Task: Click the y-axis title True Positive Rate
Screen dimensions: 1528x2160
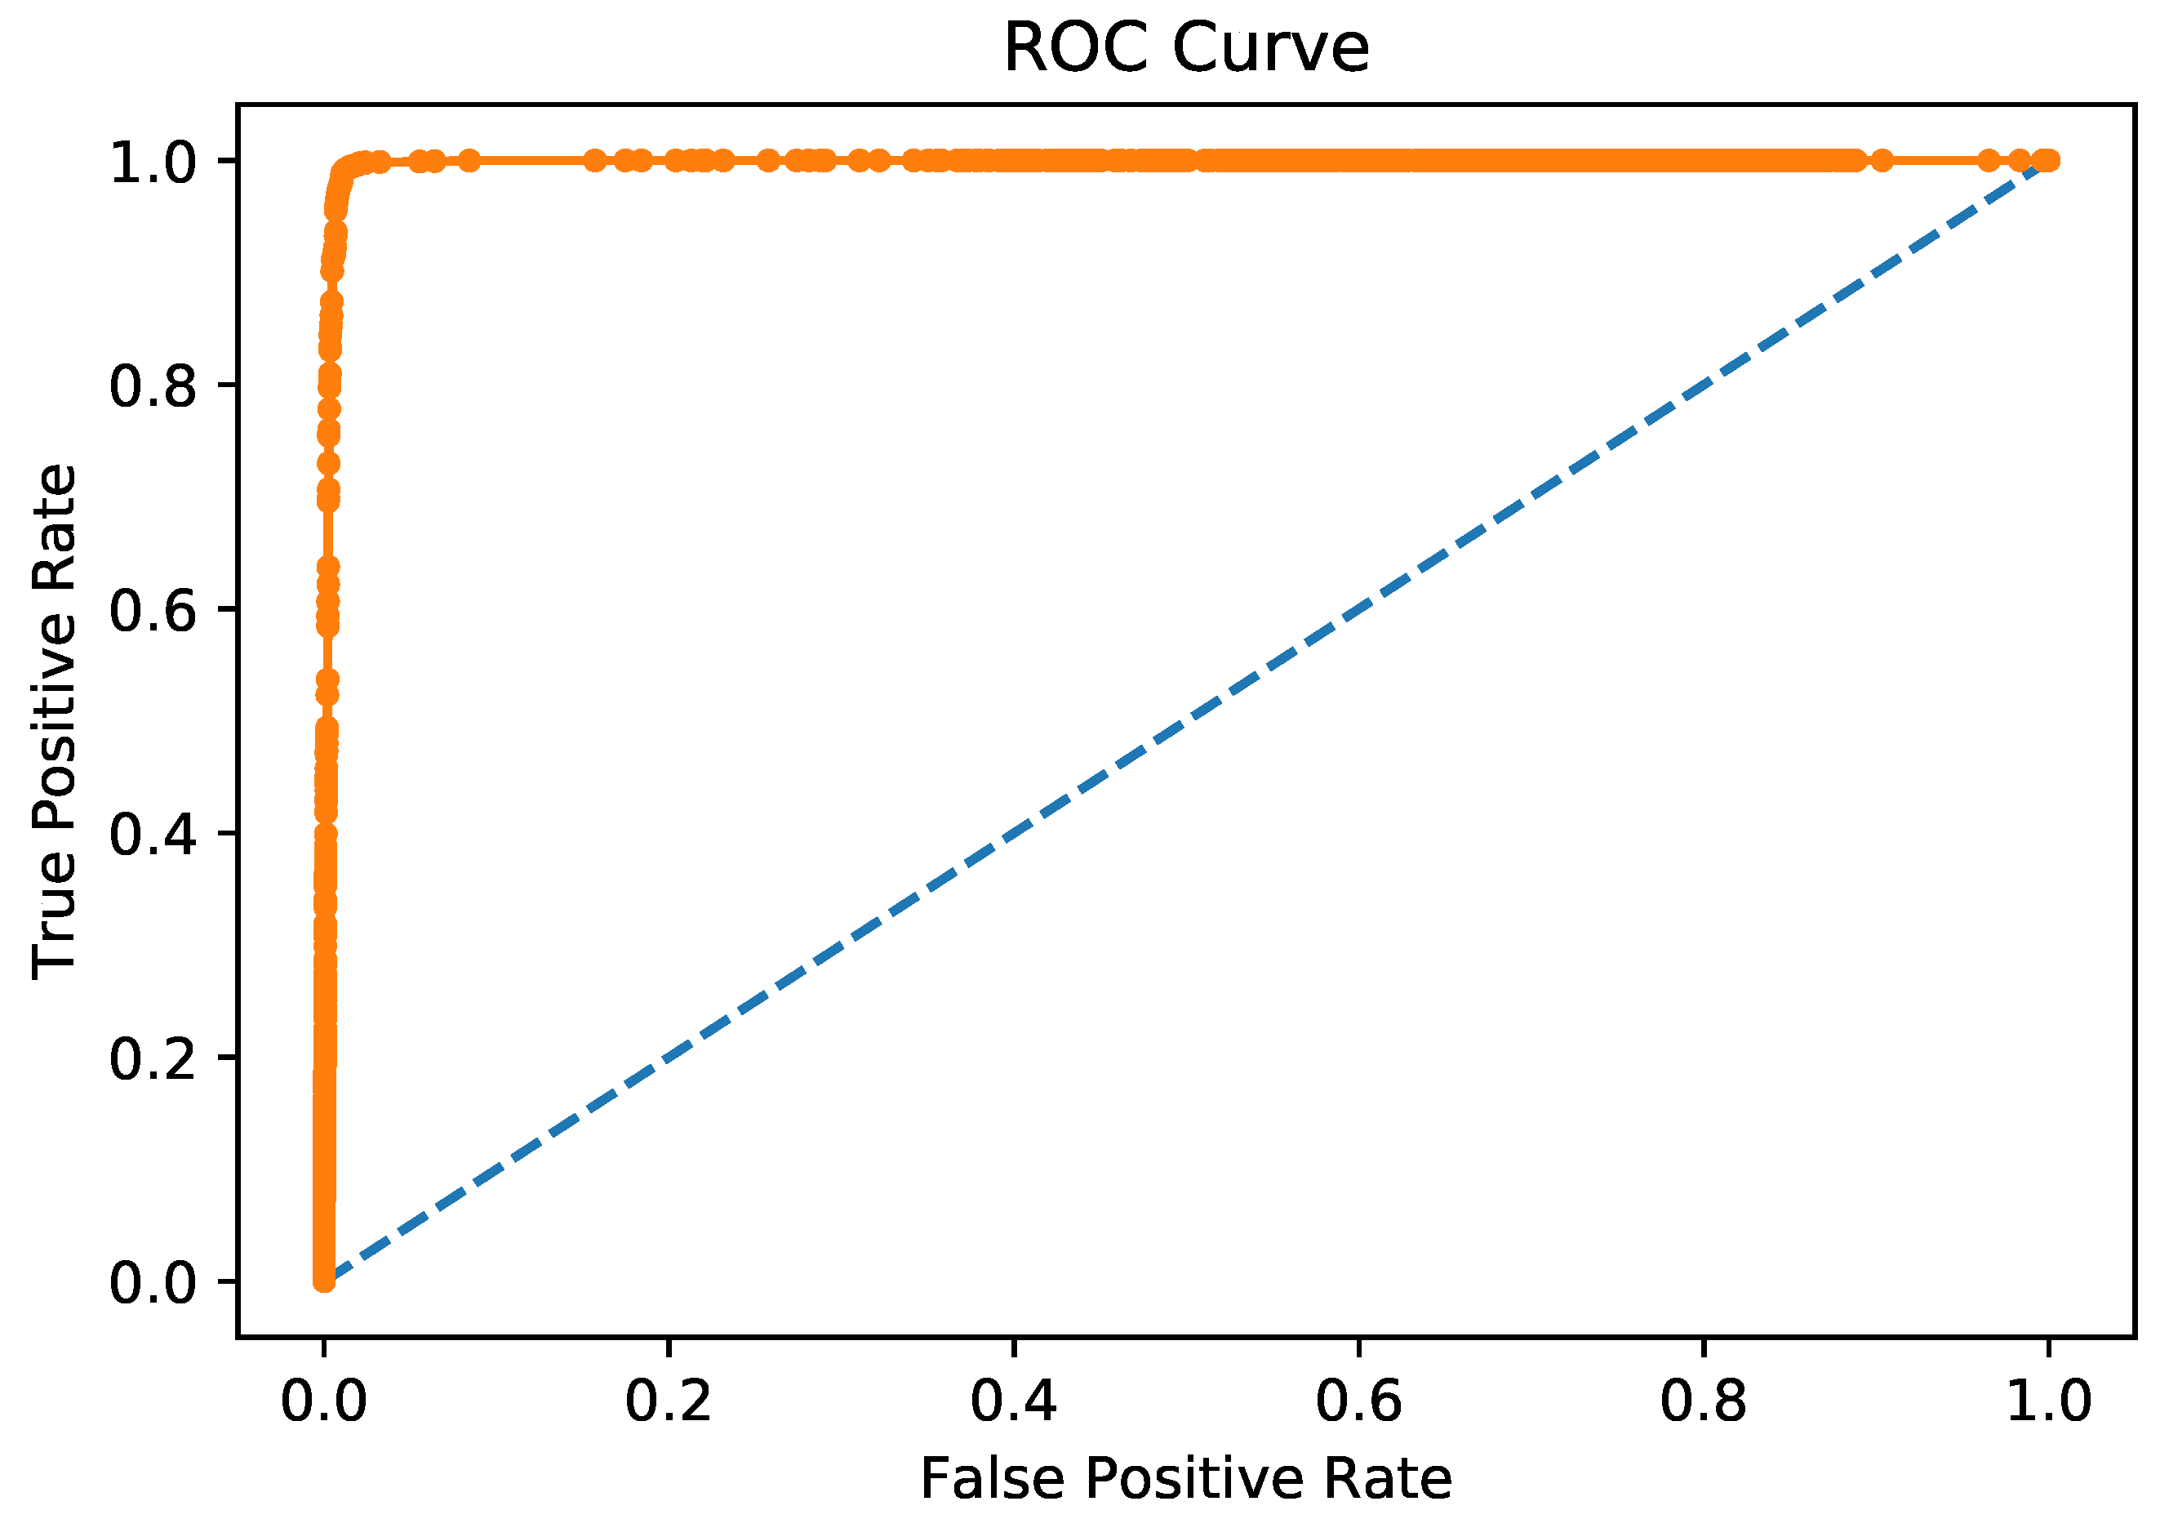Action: (54, 722)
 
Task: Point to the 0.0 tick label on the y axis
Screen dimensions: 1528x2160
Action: (153, 1282)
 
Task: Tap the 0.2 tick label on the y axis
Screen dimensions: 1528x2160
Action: (153, 1058)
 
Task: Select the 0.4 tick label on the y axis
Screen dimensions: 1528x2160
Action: (153, 834)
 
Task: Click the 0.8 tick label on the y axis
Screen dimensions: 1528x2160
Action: (153, 385)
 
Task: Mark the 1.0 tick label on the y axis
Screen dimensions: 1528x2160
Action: (153, 162)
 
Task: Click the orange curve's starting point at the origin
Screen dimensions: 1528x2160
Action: (323, 1281)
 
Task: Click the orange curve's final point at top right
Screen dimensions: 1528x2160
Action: (2048, 160)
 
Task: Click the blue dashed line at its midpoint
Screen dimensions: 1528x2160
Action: (1186, 721)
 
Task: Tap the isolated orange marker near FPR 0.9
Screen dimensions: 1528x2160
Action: (1882, 160)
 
